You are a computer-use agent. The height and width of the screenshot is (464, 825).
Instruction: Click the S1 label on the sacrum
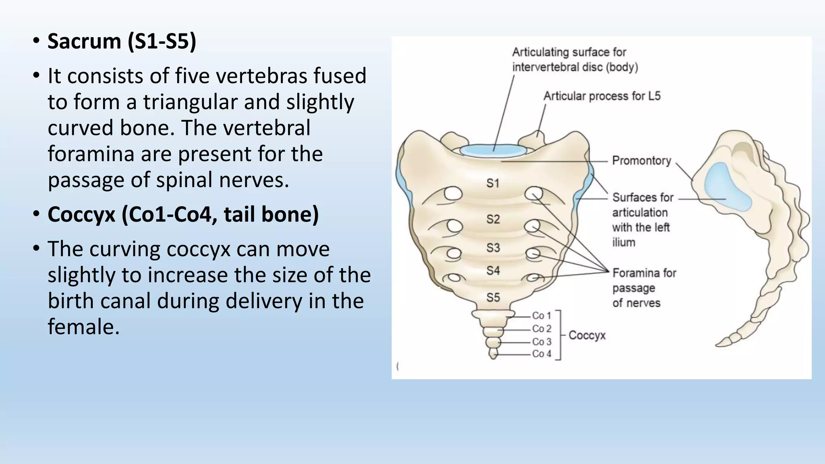[x=493, y=183]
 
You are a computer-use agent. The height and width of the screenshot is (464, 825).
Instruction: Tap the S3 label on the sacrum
[x=493, y=247]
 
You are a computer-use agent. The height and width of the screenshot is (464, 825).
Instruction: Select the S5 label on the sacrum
[x=493, y=298]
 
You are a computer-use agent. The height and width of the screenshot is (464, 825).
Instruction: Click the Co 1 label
[x=541, y=316]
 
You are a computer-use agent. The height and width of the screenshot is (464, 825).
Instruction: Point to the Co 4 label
[x=541, y=354]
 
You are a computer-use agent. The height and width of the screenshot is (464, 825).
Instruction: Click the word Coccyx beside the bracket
[x=587, y=336]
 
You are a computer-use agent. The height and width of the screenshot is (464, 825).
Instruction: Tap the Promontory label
[x=641, y=161]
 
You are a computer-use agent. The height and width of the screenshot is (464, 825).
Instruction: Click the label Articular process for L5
[x=602, y=96]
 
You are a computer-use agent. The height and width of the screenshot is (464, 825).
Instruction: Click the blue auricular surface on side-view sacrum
[x=725, y=189]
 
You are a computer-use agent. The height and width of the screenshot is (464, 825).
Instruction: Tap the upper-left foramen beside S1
[x=453, y=194]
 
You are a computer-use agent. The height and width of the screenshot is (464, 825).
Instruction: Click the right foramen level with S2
[x=533, y=226]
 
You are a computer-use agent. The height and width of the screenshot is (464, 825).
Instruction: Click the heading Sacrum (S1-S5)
[x=122, y=41]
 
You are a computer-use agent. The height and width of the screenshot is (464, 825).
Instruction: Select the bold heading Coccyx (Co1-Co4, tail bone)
[x=183, y=214]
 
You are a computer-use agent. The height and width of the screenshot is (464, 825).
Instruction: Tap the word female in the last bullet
[x=83, y=327]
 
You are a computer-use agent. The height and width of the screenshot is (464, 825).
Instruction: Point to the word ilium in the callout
[x=624, y=242]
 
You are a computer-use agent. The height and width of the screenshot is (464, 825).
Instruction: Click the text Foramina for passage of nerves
[x=644, y=288]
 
